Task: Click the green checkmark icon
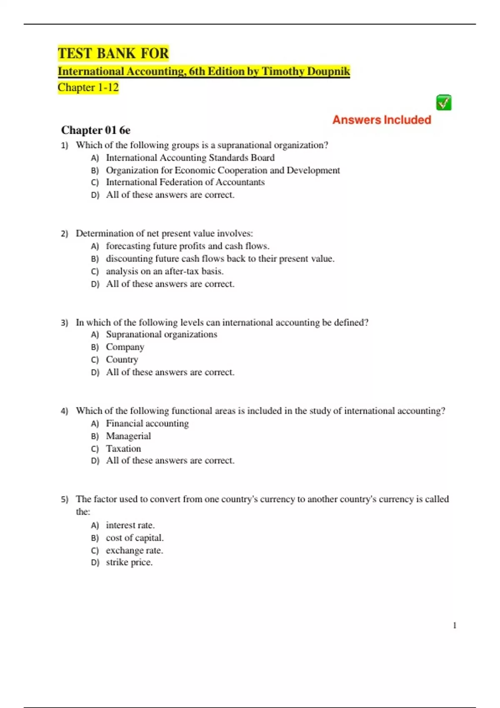click(x=444, y=102)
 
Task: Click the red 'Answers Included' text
click(x=382, y=120)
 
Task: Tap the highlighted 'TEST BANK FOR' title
click(x=113, y=53)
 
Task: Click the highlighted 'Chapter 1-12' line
click(x=88, y=87)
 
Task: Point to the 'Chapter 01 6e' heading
click(x=96, y=130)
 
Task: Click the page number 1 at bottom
click(x=455, y=625)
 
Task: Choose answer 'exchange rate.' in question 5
click(x=134, y=550)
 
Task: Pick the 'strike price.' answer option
click(x=129, y=562)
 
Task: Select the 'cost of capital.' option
click(x=135, y=538)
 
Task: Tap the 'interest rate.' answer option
click(x=130, y=525)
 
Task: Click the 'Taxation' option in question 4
click(x=123, y=449)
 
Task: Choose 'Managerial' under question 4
click(x=128, y=436)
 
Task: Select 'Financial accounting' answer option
click(x=147, y=424)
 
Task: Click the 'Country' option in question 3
click(x=122, y=359)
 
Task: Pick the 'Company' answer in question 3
click(x=125, y=347)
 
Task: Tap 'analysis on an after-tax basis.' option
click(x=165, y=271)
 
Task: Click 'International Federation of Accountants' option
click(x=185, y=182)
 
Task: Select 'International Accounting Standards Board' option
click(x=190, y=158)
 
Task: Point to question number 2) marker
click(x=65, y=234)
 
